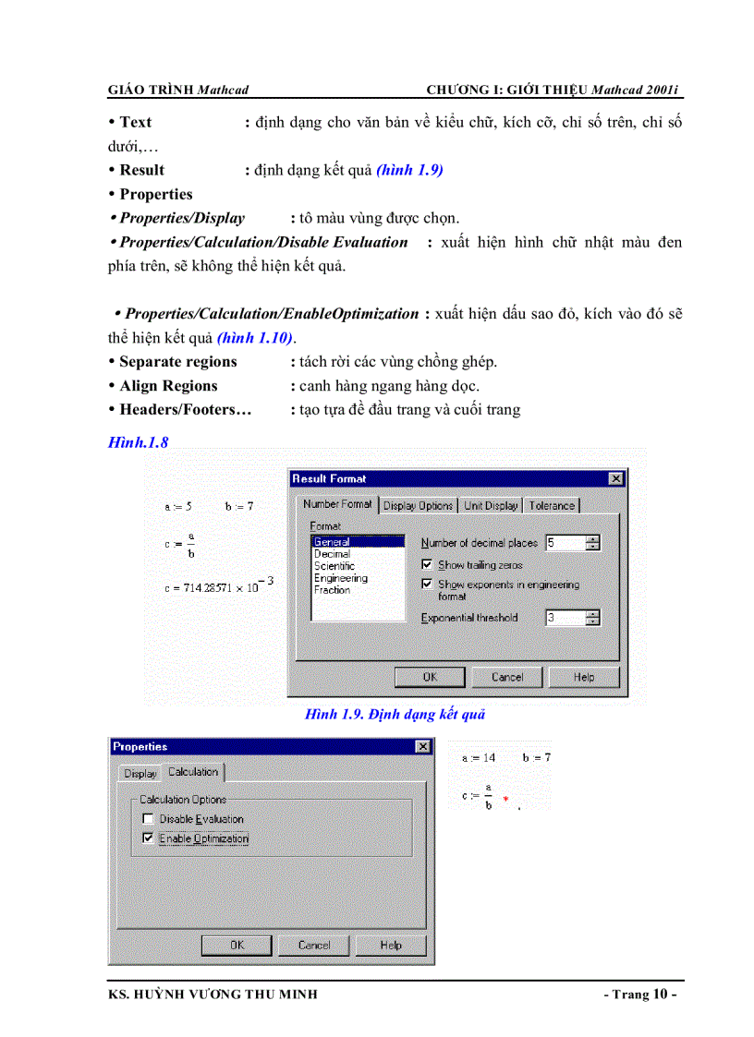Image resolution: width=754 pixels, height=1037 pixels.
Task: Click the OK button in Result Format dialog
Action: tap(430, 677)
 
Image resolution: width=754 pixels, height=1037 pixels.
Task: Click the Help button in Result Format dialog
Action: tap(583, 677)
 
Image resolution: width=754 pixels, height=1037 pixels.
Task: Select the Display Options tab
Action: tap(418, 505)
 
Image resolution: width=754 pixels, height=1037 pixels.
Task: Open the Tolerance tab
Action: tap(552, 505)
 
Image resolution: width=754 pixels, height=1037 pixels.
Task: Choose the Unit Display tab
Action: tap(491, 505)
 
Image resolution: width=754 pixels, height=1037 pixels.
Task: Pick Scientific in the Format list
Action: tap(334, 566)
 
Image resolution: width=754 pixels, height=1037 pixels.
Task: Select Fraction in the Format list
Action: tap(332, 590)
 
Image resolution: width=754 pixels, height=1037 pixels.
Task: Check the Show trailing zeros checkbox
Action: tap(427, 564)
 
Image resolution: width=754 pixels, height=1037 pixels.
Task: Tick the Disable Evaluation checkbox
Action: tap(147, 819)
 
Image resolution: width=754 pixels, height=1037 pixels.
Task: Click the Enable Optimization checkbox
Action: tap(147, 838)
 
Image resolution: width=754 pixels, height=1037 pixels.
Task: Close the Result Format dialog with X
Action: tap(615, 478)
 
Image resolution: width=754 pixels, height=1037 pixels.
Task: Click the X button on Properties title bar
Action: tap(422, 746)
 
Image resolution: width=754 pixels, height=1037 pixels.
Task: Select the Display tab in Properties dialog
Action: tap(140, 773)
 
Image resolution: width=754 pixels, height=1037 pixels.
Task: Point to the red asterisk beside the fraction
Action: tap(505, 797)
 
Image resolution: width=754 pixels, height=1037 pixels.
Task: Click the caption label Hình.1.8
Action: tap(138, 442)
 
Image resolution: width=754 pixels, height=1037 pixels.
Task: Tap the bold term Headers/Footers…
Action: tap(186, 410)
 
